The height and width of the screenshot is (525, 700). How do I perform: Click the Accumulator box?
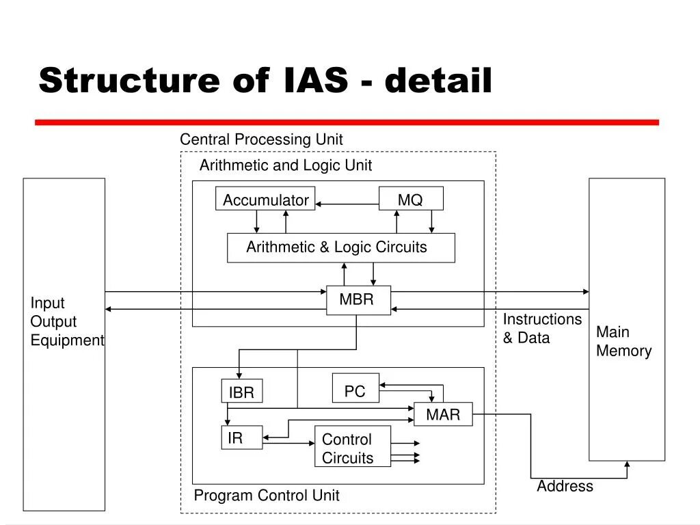click(265, 199)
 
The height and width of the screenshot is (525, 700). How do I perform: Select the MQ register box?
click(411, 199)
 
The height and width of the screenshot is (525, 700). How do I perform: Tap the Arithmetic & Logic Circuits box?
click(340, 247)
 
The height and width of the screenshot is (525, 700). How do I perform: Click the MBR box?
click(358, 300)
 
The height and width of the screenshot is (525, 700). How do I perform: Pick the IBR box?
click(241, 392)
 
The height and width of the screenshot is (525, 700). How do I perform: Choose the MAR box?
click(443, 414)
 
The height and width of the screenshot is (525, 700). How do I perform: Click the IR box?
click(241, 438)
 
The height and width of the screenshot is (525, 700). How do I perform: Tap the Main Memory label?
click(623, 341)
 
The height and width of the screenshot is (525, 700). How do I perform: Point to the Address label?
click(565, 486)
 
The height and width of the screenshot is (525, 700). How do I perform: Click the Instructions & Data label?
click(542, 329)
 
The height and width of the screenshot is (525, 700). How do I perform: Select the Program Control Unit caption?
click(267, 496)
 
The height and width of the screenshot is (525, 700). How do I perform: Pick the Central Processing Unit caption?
click(261, 139)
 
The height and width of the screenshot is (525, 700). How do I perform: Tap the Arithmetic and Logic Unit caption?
click(286, 165)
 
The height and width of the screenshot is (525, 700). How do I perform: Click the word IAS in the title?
click(314, 81)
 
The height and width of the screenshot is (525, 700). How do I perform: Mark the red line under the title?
click(347, 122)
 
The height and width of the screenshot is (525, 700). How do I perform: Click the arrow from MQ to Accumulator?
click(347, 204)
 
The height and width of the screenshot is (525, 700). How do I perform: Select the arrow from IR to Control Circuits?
click(288, 443)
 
